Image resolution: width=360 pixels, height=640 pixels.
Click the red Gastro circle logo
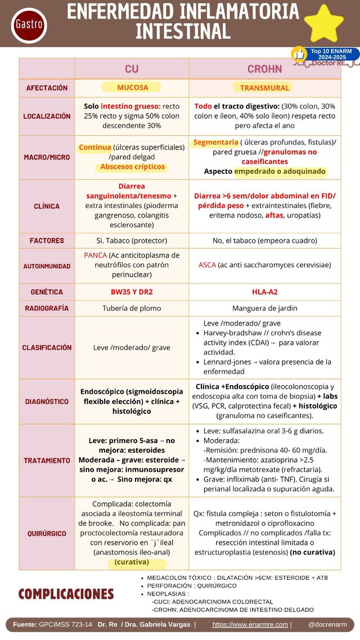[x=29, y=25]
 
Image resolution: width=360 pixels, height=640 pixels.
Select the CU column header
[x=132, y=69]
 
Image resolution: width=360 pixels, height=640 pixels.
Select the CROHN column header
[x=264, y=69]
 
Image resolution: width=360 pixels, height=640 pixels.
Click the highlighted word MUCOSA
[x=132, y=87]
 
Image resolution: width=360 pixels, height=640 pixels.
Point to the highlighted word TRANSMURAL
[x=264, y=88]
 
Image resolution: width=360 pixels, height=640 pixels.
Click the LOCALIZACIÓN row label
[x=47, y=116]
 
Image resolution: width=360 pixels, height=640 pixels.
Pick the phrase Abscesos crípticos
[x=133, y=167]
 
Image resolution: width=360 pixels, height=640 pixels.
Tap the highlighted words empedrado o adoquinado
[x=280, y=171]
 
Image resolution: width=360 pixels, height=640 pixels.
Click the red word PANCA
[x=95, y=255]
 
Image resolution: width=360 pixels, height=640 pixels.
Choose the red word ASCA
[x=207, y=265]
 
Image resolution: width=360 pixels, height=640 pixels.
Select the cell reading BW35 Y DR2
[x=132, y=292]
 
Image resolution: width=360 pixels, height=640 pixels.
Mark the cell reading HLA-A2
[x=264, y=292]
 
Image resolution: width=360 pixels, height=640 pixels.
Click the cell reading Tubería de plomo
[x=132, y=308]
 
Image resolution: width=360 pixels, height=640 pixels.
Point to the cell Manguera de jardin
[x=264, y=308]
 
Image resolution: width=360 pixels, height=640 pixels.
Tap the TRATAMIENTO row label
[x=47, y=461]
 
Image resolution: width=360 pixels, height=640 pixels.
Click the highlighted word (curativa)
[x=132, y=562]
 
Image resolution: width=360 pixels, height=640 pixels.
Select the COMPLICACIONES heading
[x=66, y=594]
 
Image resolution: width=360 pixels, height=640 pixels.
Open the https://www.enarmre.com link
[x=250, y=625]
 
